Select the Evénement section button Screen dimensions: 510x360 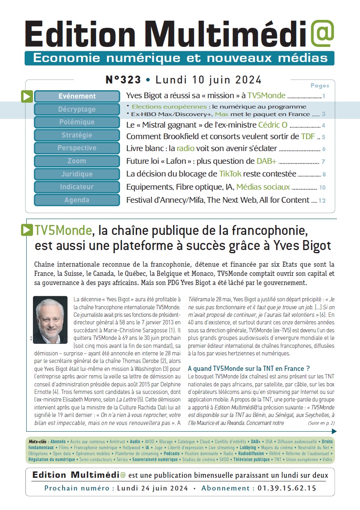[77, 96]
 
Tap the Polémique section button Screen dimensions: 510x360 [77, 122]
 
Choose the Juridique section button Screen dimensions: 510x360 [77, 174]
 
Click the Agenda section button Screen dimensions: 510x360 [77, 200]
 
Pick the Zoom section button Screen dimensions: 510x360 [77, 161]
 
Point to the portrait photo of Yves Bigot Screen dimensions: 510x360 [50, 320]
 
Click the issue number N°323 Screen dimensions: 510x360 [123, 80]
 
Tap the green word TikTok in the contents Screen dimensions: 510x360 [230, 174]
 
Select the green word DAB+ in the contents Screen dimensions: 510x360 [266, 161]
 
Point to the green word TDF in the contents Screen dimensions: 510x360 [308, 136]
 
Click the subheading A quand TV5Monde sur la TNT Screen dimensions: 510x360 [249, 368]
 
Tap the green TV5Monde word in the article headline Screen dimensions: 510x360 [63, 231]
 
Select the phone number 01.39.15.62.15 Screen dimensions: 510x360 [287, 488]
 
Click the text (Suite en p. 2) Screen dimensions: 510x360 [321, 423]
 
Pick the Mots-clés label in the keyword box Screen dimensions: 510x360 [38, 442]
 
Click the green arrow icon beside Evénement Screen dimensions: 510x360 [27, 97]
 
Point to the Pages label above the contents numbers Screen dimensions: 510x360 [319, 85]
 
